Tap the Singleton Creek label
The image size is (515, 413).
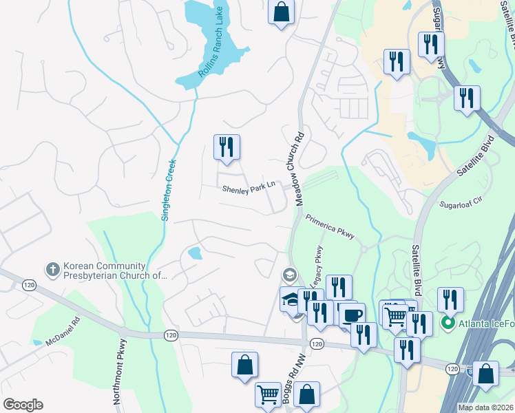click(x=169, y=190)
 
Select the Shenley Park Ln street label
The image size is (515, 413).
click(x=249, y=187)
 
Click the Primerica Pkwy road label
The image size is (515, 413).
click(x=330, y=226)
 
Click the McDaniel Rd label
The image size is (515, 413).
click(x=63, y=331)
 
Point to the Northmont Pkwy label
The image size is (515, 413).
click(x=118, y=379)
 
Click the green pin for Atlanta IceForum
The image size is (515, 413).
click(x=448, y=322)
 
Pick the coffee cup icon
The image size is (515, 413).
click(x=352, y=315)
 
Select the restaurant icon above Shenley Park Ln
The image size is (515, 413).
click(x=227, y=147)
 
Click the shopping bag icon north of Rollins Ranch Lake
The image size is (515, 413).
click(x=281, y=12)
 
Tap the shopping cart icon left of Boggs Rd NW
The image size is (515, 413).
click(x=268, y=395)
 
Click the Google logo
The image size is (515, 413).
click(x=23, y=405)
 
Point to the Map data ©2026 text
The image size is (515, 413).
click(x=485, y=407)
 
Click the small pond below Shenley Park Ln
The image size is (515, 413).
click(x=195, y=253)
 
